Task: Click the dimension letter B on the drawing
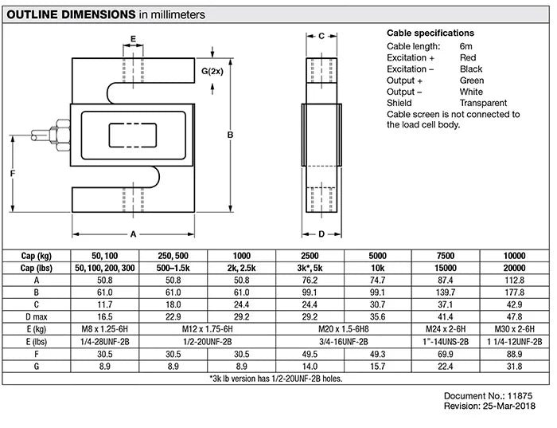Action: click(230, 135)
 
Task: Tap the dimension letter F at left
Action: click(14, 172)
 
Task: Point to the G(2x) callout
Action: click(212, 71)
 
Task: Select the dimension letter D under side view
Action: click(321, 234)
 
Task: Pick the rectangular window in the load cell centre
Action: click(132, 135)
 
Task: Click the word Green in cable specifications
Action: click(471, 80)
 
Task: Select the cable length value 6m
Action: click(465, 47)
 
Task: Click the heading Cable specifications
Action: click(430, 33)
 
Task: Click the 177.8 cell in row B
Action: click(515, 292)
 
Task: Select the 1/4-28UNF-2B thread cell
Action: click(105, 340)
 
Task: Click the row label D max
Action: click(37, 316)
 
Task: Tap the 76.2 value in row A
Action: click(310, 281)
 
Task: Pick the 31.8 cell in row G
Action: click(515, 366)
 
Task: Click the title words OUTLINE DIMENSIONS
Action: click(70, 14)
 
